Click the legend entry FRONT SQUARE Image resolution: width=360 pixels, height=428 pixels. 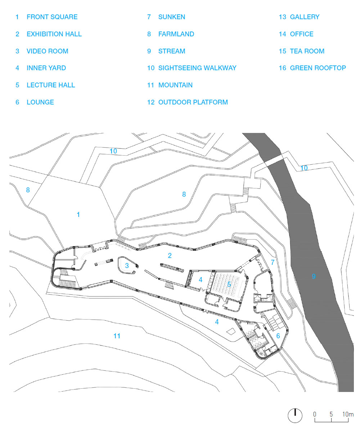(52, 17)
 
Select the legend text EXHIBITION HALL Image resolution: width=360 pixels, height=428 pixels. (54, 34)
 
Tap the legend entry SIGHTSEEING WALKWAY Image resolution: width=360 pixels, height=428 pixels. (197, 68)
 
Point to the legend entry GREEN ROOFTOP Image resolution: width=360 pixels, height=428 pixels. (318, 68)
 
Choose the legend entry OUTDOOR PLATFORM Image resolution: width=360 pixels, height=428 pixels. (193, 102)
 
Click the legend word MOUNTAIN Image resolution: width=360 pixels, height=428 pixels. (175, 85)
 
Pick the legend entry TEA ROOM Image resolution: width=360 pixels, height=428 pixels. (307, 51)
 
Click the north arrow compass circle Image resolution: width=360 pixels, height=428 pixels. (295, 415)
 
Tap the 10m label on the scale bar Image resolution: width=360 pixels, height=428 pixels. (348, 414)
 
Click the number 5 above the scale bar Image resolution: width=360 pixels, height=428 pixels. (331, 414)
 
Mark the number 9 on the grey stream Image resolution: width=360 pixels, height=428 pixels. (314, 276)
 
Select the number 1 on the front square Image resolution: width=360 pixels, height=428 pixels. (78, 215)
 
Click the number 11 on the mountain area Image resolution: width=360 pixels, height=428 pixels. (117, 336)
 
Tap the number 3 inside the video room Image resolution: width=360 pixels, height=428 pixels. (127, 266)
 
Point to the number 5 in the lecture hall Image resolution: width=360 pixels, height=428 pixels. (229, 285)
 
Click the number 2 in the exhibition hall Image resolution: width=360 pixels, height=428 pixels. (170, 256)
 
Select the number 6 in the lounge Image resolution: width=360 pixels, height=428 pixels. (278, 336)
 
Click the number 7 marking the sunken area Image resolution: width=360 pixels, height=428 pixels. (273, 262)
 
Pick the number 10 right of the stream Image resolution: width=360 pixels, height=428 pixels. (304, 168)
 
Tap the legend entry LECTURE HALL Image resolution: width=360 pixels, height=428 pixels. (51, 85)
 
